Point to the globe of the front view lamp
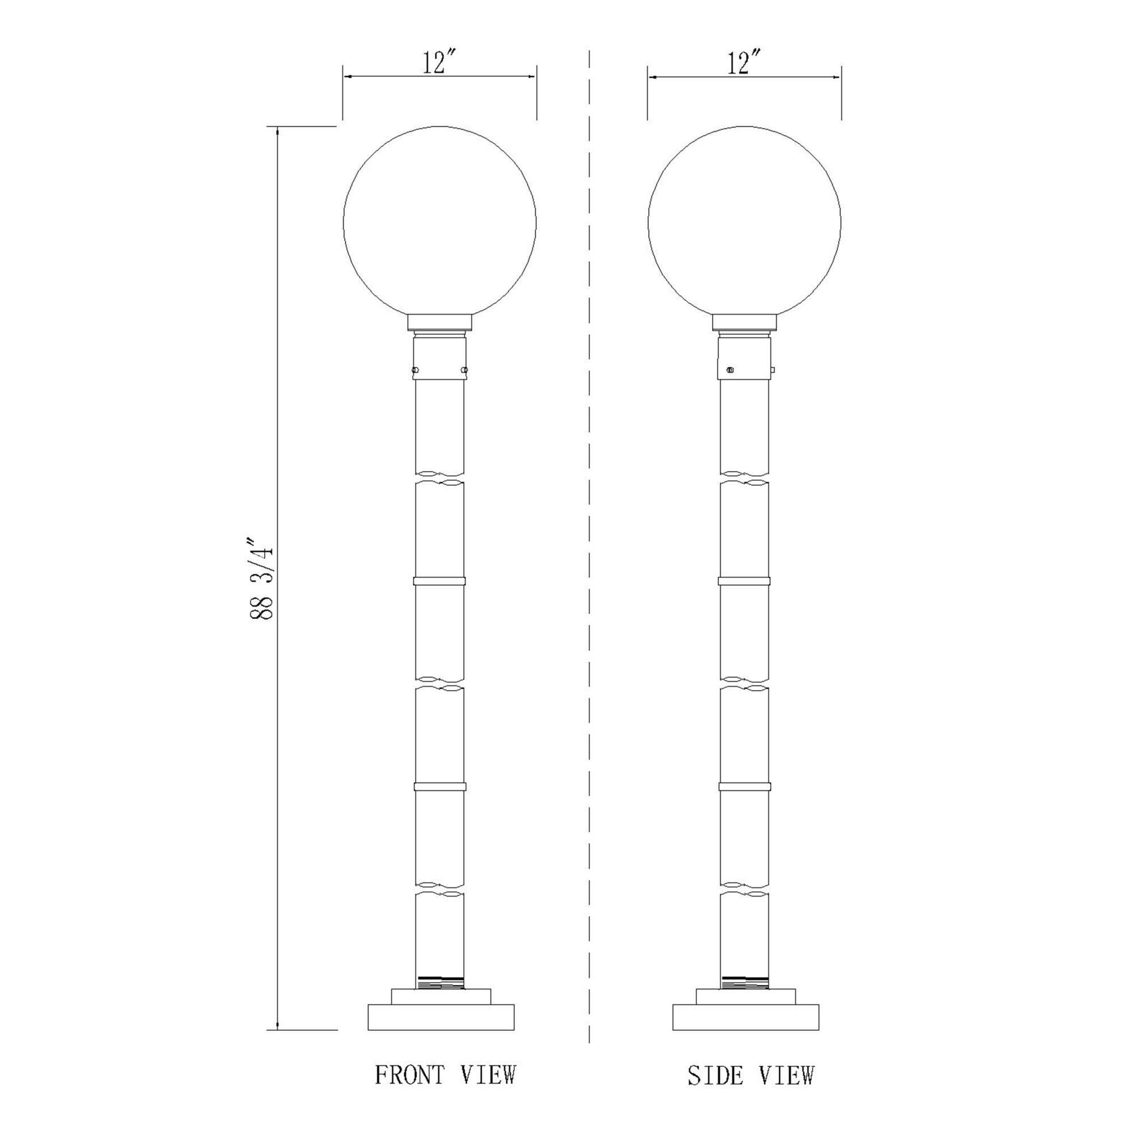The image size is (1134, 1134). pos(439,223)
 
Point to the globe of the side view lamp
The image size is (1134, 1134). pos(744,223)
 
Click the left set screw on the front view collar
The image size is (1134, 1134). pos(416,370)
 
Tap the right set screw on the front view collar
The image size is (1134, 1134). pos(464,370)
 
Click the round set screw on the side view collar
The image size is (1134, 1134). pos(730,370)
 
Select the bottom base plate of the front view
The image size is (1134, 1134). pos(441,1017)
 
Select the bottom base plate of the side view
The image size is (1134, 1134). pos(746,1017)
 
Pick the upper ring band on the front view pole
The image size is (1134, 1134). pos(439,582)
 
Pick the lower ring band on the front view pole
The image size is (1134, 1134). pos(439,787)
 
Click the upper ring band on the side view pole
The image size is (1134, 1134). pos(744,582)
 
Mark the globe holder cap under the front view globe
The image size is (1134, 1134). pos(439,322)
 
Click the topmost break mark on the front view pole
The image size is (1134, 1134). pos(439,478)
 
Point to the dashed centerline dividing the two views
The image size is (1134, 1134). pos(589,528)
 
